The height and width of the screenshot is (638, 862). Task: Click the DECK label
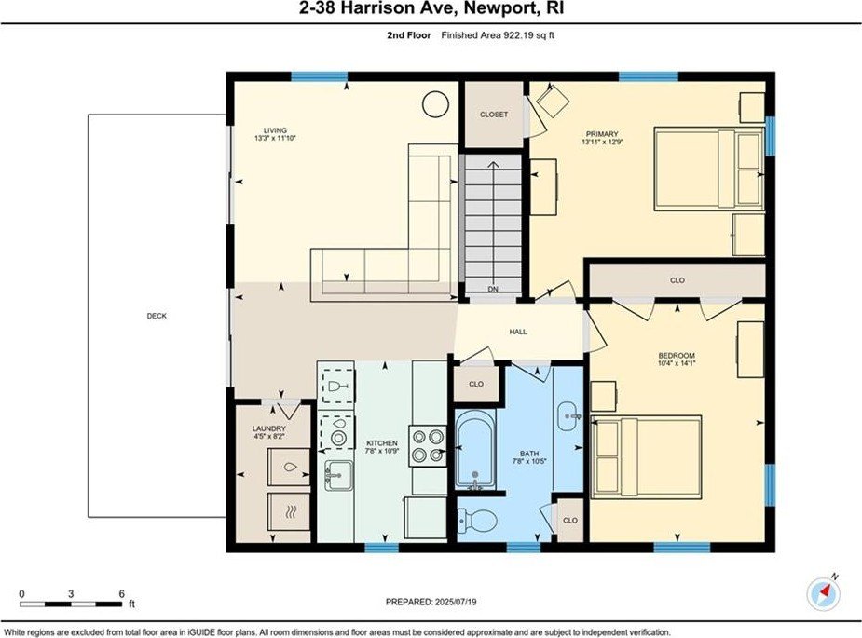157,316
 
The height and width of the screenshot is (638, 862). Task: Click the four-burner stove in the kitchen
429,446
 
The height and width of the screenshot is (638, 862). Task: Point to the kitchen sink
338,475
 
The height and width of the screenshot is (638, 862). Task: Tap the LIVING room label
275,130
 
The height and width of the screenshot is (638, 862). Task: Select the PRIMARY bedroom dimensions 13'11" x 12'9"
602,142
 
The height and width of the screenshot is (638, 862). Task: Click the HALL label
518,332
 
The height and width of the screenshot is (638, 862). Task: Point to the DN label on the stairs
493,289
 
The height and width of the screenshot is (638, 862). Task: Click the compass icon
824,593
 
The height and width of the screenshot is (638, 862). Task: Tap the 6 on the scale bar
121,594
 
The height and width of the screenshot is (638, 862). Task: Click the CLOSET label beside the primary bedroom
494,115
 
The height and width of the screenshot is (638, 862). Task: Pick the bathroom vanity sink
568,417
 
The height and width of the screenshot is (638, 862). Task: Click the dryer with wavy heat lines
289,512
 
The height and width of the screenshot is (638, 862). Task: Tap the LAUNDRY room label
268,428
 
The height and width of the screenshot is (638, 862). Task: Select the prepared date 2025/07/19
456,602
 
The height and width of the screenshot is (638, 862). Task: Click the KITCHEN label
382,443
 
